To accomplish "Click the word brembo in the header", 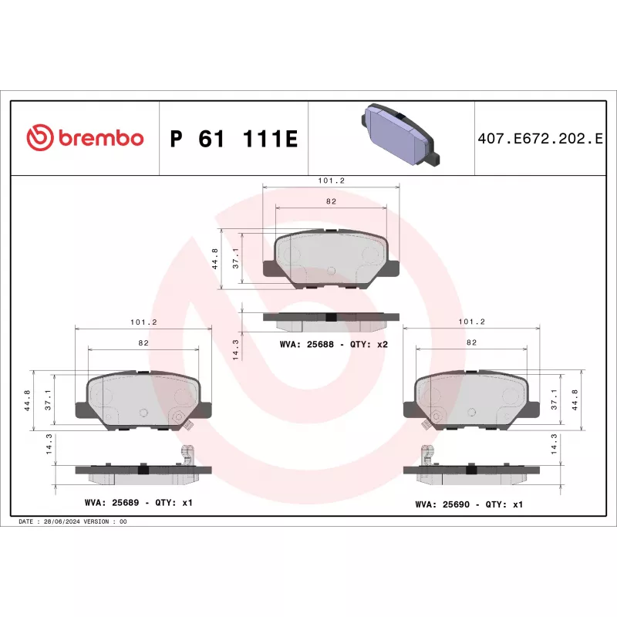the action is (x=101, y=138).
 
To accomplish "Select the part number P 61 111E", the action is (x=234, y=139).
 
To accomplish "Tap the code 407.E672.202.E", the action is (x=540, y=139).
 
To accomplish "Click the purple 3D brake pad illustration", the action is (x=400, y=133).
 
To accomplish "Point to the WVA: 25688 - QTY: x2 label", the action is (x=334, y=344).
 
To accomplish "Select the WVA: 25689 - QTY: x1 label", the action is (x=139, y=503).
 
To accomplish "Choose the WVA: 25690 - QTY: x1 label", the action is (x=469, y=504).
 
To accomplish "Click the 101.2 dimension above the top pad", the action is (x=332, y=180).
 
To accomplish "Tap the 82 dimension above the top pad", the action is (x=332, y=201).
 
